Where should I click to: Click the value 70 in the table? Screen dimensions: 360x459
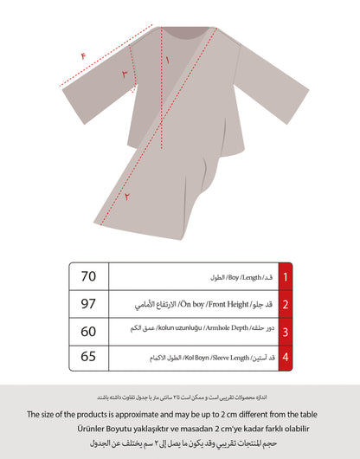pyautogui.click(x=87, y=277)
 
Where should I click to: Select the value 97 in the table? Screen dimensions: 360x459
pyautogui.click(x=87, y=305)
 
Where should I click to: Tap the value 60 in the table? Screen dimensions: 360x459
pyautogui.click(x=87, y=332)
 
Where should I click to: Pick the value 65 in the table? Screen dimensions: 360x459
pyautogui.click(x=87, y=357)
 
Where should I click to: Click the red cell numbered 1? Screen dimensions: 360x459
pyautogui.click(x=286, y=277)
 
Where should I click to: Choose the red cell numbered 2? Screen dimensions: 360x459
pyautogui.click(x=286, y=305)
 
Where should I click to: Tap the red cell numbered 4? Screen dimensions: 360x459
pyautogui.click(x=286, y=357)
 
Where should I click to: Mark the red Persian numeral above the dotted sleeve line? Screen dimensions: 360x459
pyautogui.click(x=83, y=56)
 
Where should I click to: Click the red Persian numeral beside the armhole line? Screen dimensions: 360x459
pyautogui.click(x=124, y=75)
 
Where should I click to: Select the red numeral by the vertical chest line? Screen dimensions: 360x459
pyautogui.click(x=168, y=61)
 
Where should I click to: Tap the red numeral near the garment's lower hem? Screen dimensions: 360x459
pyautogui.click(x=129, y=197)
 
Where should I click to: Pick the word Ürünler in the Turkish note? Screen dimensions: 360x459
pyautogui.click(x=83, y=428)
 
